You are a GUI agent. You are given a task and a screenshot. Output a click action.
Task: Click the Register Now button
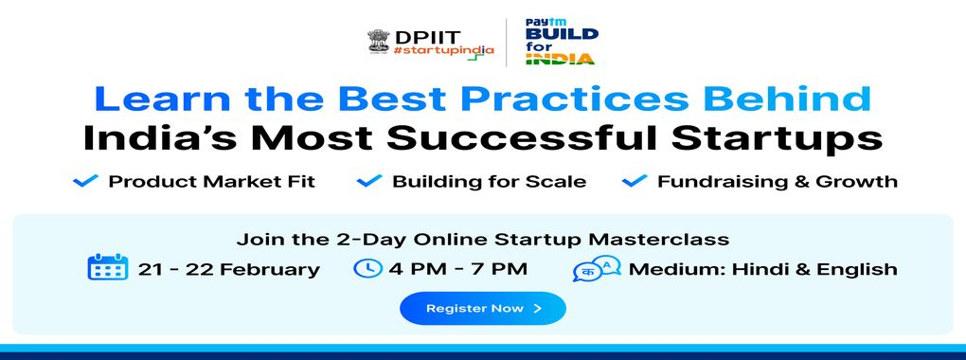[482, 308]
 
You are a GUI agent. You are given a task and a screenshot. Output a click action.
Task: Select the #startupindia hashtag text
[443, 51]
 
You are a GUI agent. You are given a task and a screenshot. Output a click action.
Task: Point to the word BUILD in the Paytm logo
[562, 33]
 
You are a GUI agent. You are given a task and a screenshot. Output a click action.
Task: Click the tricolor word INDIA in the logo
[560, 59]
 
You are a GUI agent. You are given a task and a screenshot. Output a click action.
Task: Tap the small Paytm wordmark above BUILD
[537, 22]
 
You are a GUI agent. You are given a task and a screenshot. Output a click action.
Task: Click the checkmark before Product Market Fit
[85, 181]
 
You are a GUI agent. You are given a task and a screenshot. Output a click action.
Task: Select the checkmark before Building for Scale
[369, 181]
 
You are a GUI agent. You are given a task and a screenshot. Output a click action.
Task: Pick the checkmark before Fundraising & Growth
[635, 181]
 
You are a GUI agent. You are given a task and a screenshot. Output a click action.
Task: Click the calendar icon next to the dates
[108, 267]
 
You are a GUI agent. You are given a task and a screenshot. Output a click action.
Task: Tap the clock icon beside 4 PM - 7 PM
[367, 268]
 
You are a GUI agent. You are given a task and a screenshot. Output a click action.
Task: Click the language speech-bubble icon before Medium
[597, 269]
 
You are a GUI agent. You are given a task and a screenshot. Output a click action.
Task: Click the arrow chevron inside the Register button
[537, 308]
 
